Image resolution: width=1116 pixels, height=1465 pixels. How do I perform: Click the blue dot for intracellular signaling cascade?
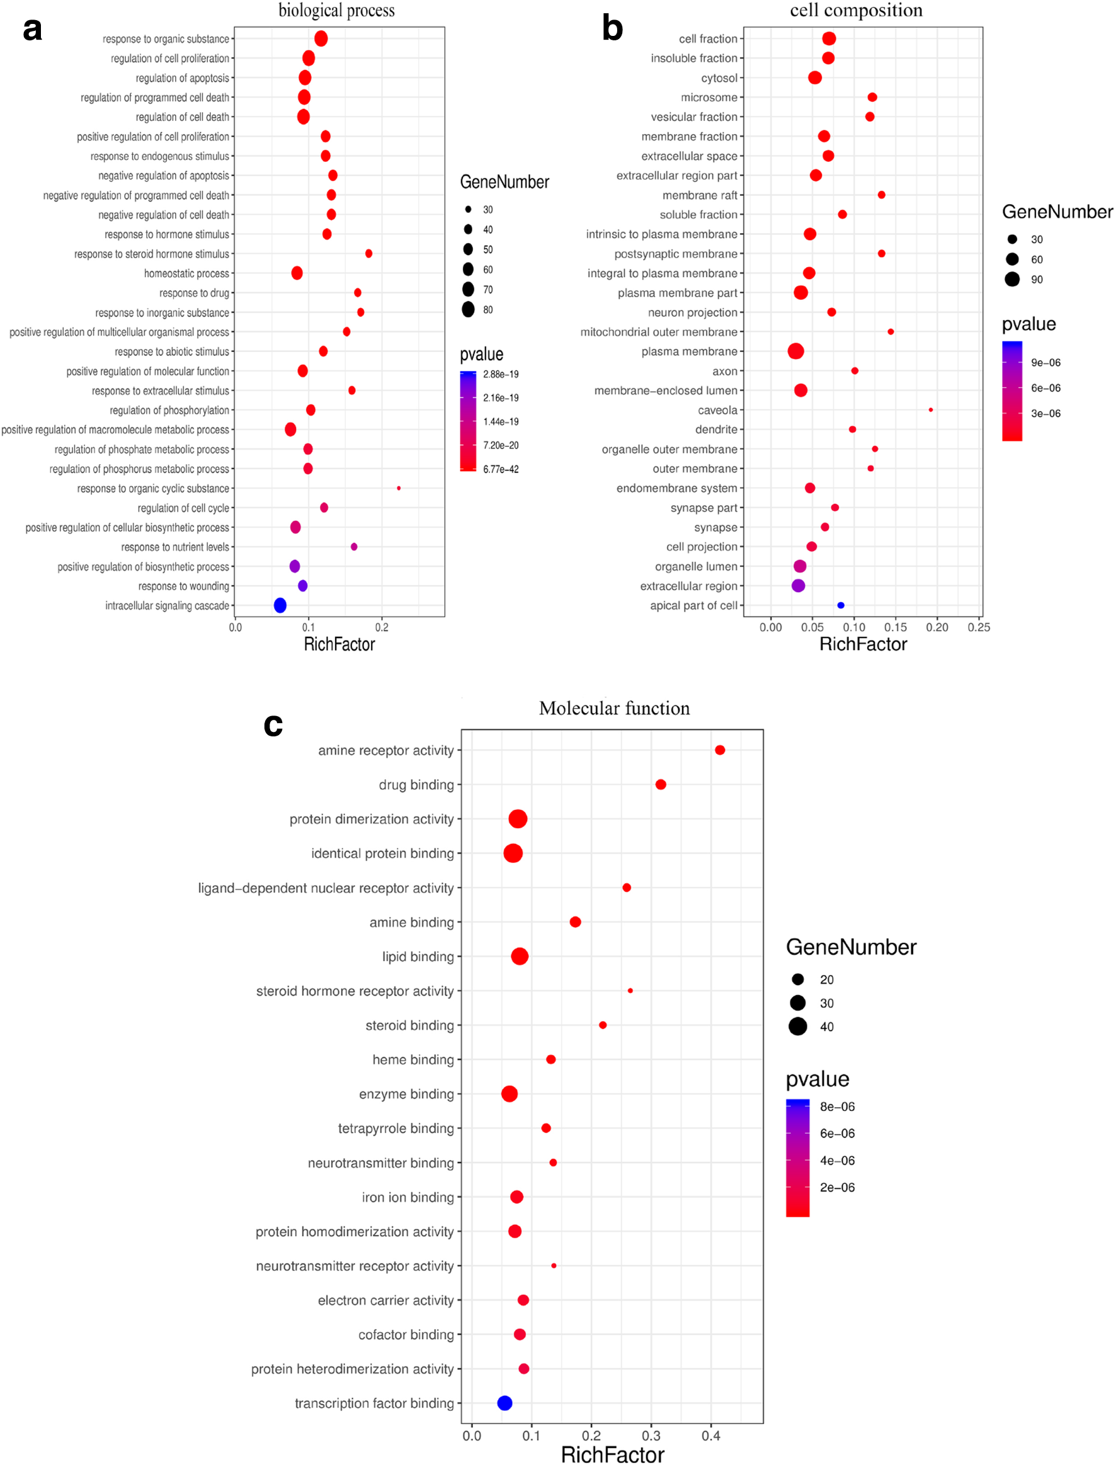point(280,605)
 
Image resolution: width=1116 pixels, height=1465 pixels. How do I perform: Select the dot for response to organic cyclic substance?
point(399,488)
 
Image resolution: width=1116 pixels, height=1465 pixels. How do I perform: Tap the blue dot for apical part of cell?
point(841,605)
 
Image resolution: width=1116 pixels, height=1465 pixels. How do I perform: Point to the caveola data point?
point(931,410)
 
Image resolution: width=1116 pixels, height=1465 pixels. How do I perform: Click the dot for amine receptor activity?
point(720,750)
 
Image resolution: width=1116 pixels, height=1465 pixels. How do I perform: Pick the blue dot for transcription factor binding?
point(505,1403)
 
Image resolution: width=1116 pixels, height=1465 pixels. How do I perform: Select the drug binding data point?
point(661,785)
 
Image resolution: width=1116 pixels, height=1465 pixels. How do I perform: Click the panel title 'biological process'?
point(336,11)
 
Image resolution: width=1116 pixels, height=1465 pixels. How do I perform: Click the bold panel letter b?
point(612,28)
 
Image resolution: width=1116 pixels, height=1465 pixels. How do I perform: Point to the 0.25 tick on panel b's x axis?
point(979,627)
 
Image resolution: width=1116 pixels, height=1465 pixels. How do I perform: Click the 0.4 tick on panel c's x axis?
point(711,1436)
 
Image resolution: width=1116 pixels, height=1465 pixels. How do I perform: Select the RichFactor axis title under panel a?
point(339,644)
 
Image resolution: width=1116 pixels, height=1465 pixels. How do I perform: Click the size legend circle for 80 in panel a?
point(469,310)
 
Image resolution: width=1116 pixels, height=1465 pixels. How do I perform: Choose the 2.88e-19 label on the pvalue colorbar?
point(501,374)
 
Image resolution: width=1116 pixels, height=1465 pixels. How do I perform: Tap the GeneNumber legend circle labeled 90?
point(1012,280)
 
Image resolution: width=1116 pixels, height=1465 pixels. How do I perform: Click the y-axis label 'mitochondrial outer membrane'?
point(659,332)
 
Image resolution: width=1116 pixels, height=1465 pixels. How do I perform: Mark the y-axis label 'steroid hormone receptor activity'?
point(355,991)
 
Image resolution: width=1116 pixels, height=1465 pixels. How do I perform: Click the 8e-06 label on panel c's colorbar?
point(837,1107)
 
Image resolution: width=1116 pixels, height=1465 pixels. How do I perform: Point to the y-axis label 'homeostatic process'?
point(186,274)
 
